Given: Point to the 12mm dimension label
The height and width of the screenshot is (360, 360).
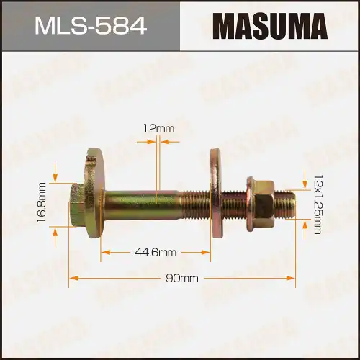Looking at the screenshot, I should pyautogui.click(x=158, y=128).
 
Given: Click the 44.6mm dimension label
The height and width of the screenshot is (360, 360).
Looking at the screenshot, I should pyautogui.click(x=156, y=252).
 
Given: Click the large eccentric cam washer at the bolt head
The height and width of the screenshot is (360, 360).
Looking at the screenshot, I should pyautogui.click(x=94, y=196).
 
